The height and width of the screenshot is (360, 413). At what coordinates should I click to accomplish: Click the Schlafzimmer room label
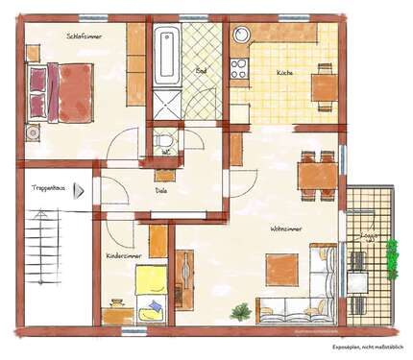coord(85,36)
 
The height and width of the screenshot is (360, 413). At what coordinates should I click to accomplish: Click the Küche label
coord(285,73)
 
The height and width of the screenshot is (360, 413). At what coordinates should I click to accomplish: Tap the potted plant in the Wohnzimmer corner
coord(241,311)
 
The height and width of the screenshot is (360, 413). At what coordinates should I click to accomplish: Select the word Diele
coord(161,190)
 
